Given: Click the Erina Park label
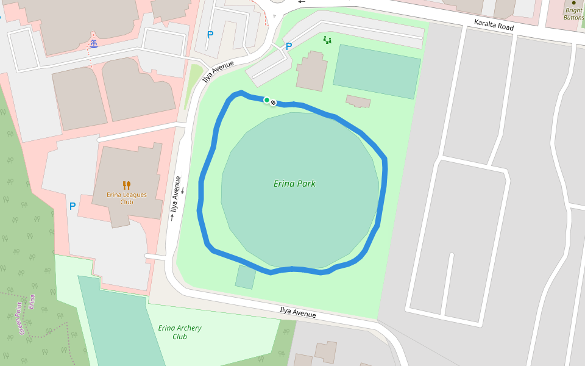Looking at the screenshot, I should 295,184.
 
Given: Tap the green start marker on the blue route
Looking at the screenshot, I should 266,100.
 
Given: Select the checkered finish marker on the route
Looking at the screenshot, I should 273,102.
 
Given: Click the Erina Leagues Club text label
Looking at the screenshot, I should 127,198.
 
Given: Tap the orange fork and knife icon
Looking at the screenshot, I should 127,185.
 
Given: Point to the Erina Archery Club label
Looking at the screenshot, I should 180,332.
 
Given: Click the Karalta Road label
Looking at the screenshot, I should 494,25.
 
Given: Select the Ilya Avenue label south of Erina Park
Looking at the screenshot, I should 297,312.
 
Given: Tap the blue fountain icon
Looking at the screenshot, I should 94,43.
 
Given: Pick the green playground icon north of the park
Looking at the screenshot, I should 327,40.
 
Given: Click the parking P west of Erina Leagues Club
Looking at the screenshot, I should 73,207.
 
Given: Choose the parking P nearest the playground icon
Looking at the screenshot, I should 289,46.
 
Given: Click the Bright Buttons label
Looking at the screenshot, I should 573,14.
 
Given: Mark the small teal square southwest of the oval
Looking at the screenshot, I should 246,277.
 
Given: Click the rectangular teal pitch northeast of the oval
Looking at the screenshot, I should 377,71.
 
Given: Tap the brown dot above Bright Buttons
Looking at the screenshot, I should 573,2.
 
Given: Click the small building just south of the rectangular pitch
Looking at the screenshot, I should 358,101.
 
